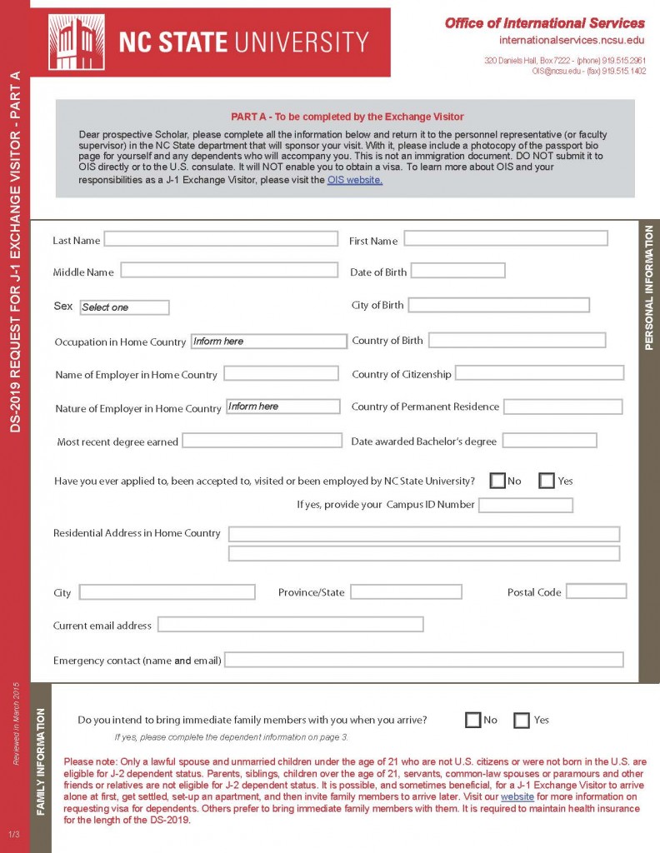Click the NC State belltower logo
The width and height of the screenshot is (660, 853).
click(x=76, y=42)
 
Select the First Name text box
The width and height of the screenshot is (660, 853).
click(x=505, y=239)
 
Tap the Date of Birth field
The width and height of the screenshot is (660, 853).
click(x=457, y=271)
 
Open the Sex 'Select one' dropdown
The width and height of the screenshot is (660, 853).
click(x=124, y=307)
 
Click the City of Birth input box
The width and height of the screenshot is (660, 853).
click(x=498, y=305)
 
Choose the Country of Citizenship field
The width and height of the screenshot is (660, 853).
click(x=539, y=373)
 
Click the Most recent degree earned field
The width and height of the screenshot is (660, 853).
click(x=262, y=441)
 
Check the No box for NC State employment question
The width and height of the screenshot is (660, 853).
click(x=497, y=481)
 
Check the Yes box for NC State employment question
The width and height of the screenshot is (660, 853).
click(x=547, y=481)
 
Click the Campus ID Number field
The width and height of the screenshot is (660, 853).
click(x=525, y=505)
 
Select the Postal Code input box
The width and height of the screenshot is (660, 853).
click(x=596, y=591)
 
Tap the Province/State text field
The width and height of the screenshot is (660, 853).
click(x=406, y=591)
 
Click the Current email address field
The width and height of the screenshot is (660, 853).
click(x=290, y=624)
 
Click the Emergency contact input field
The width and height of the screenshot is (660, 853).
click(x=423, y=660)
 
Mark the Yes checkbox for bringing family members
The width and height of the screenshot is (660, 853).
click(x=522, y=721)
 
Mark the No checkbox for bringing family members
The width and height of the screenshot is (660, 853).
click(x=473, y=721)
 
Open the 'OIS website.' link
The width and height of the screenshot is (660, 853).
click(x=354, y=180)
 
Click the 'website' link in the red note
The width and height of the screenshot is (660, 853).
click(x=517, y=797)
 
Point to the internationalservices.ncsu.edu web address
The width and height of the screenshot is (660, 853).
click(x=572, y=40)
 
